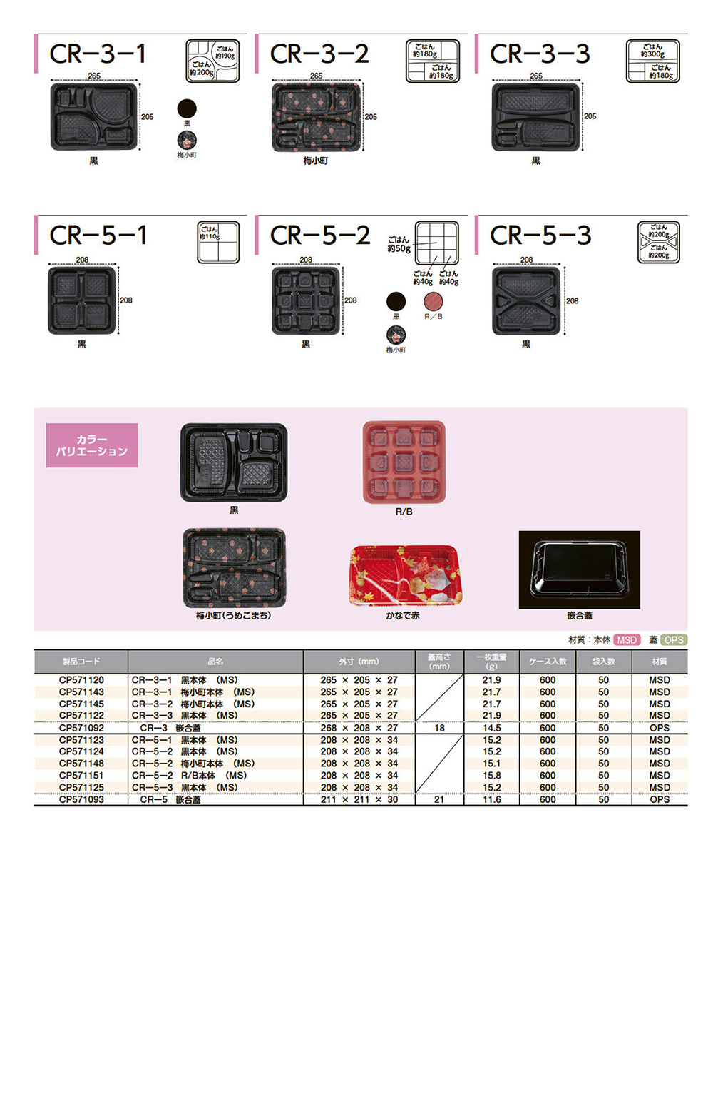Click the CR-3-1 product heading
tap(98, 54)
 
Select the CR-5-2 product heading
tap(319, 235)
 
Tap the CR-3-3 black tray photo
tap(535, 117)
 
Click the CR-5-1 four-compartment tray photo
tap(81, 300)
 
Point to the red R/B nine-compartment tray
tap(404, 462)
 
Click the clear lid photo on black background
tap(579, 569)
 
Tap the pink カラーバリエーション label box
tap(92, 445)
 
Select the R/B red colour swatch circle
tap(434, 301)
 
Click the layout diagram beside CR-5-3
tap(658, 243)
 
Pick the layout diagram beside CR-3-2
tap(432, 61)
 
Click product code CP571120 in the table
tap(81, 680)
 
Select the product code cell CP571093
tap(81, 799)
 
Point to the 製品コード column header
tap(81, 662)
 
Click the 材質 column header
tap(659, 662)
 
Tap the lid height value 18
tap(439, 728)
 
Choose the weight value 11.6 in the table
tap(491, 799)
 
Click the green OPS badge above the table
tap(673, 640)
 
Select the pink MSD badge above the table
tap(627, 640)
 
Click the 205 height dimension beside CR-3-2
tap(371, 117)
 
